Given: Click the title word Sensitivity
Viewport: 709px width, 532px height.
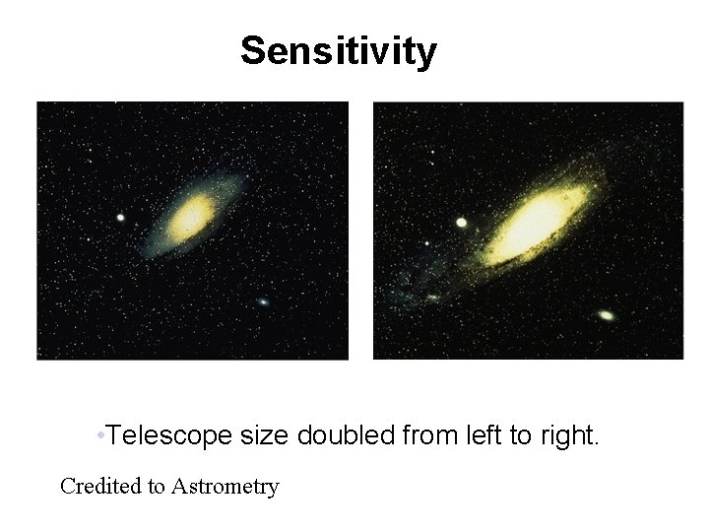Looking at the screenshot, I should (338, 50).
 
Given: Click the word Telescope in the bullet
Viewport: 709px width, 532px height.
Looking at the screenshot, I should (168, 434).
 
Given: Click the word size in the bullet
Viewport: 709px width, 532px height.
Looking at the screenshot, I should (263, 434).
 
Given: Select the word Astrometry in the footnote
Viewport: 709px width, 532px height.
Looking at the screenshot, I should (226, 486).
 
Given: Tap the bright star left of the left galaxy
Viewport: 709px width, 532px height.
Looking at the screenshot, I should (120, 218).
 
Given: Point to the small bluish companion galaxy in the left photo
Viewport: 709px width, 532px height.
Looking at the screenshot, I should (263, 301).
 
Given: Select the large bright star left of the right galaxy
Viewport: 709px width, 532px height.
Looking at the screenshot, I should (461, 223).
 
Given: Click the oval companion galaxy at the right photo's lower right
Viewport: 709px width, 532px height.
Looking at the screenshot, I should (606, 315).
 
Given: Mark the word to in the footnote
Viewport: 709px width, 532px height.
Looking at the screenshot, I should (157, 486).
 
